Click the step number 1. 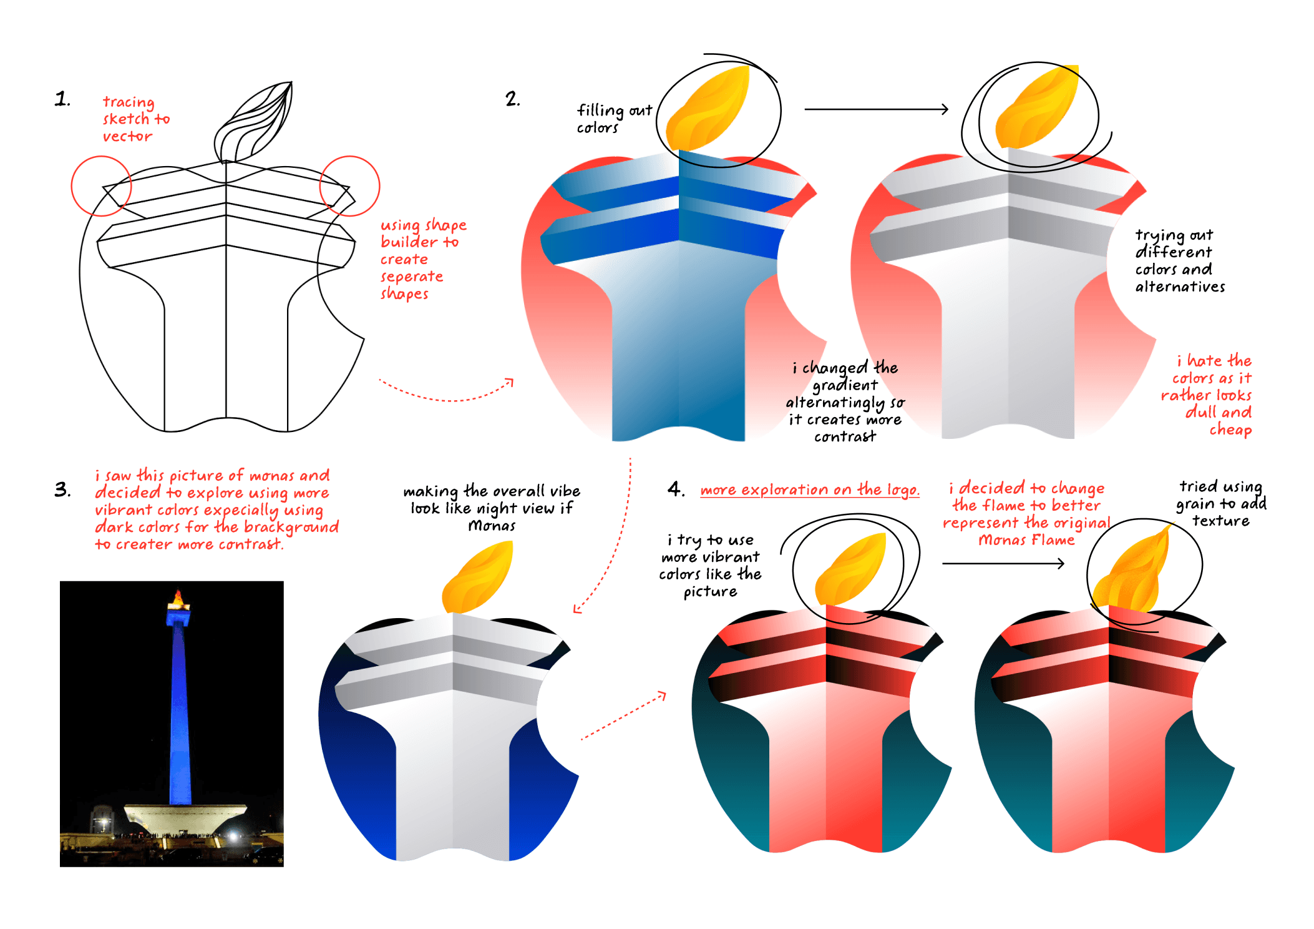click(62, 99)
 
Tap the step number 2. click(512, 99)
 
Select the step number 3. click(62, 489)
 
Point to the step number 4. click(676, 489)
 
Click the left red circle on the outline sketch click(101, 186)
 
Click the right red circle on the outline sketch click(349, 186)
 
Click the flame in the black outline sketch click(253, 122)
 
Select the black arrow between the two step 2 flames click(876, 109)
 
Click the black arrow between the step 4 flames click(1003, 563)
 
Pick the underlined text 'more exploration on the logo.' click(809, 490)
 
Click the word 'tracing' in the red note click(129, 102)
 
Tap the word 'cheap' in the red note click(1230, 430)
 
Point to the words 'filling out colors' click(613, 119)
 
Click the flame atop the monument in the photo click(178, 598)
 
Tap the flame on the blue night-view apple click(479, 578)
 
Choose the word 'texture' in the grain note click(1220, 521)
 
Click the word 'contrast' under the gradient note click(845, 436)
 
